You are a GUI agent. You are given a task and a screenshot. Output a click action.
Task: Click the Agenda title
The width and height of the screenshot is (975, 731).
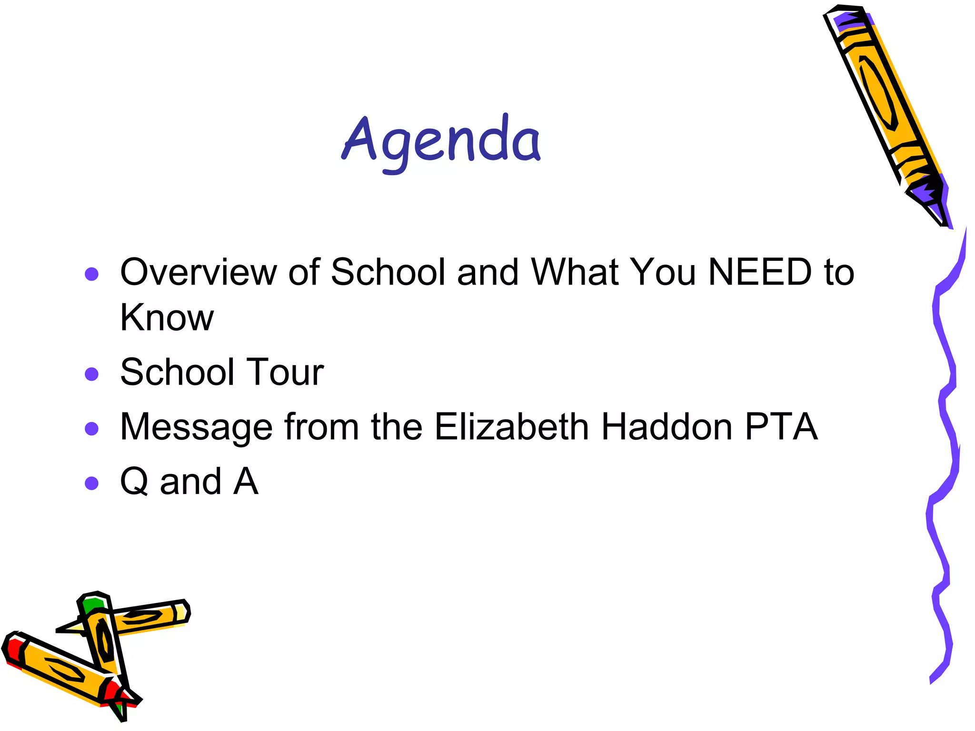click(441, 141)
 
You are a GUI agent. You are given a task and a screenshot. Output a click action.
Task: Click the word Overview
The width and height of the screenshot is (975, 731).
click(198, 272)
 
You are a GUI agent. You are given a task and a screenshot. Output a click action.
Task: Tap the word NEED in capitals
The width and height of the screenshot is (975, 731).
click(760, 272)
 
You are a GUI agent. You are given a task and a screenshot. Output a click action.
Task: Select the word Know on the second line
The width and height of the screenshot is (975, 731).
click(167, 317)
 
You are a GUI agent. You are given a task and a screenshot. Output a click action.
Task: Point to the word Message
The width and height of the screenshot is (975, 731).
click(196, 427)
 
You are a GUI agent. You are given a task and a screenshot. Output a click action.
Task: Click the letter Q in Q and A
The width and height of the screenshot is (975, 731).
click(134, 481)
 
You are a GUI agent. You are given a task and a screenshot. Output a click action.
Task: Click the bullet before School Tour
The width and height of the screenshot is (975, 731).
click(91, 374)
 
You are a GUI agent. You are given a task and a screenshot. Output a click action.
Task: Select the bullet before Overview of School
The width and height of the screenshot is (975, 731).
click(91, 274)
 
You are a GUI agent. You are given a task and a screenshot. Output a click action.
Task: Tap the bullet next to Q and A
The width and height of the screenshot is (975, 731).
click(91, 484)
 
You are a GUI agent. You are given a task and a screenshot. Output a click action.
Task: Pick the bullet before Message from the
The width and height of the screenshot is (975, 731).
click(91, 429)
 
